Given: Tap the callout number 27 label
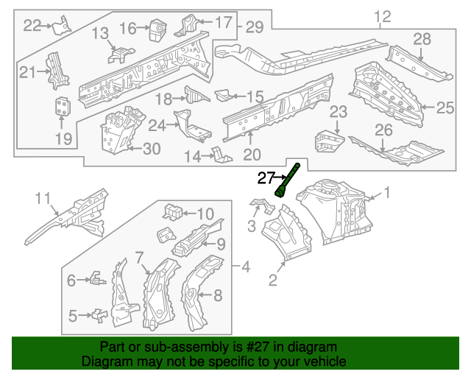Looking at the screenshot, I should (265, 177).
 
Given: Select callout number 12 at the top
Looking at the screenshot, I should (382, 16).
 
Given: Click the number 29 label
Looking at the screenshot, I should (254, 28).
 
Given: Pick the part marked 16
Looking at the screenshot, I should (156, 29).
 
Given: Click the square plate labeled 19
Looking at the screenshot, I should (63, 107).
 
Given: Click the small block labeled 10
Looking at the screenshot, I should (172, 211).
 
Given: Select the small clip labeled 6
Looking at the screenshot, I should (96, 278).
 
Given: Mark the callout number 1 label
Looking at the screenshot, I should (389, 194).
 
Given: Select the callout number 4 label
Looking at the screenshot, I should (245, 265).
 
